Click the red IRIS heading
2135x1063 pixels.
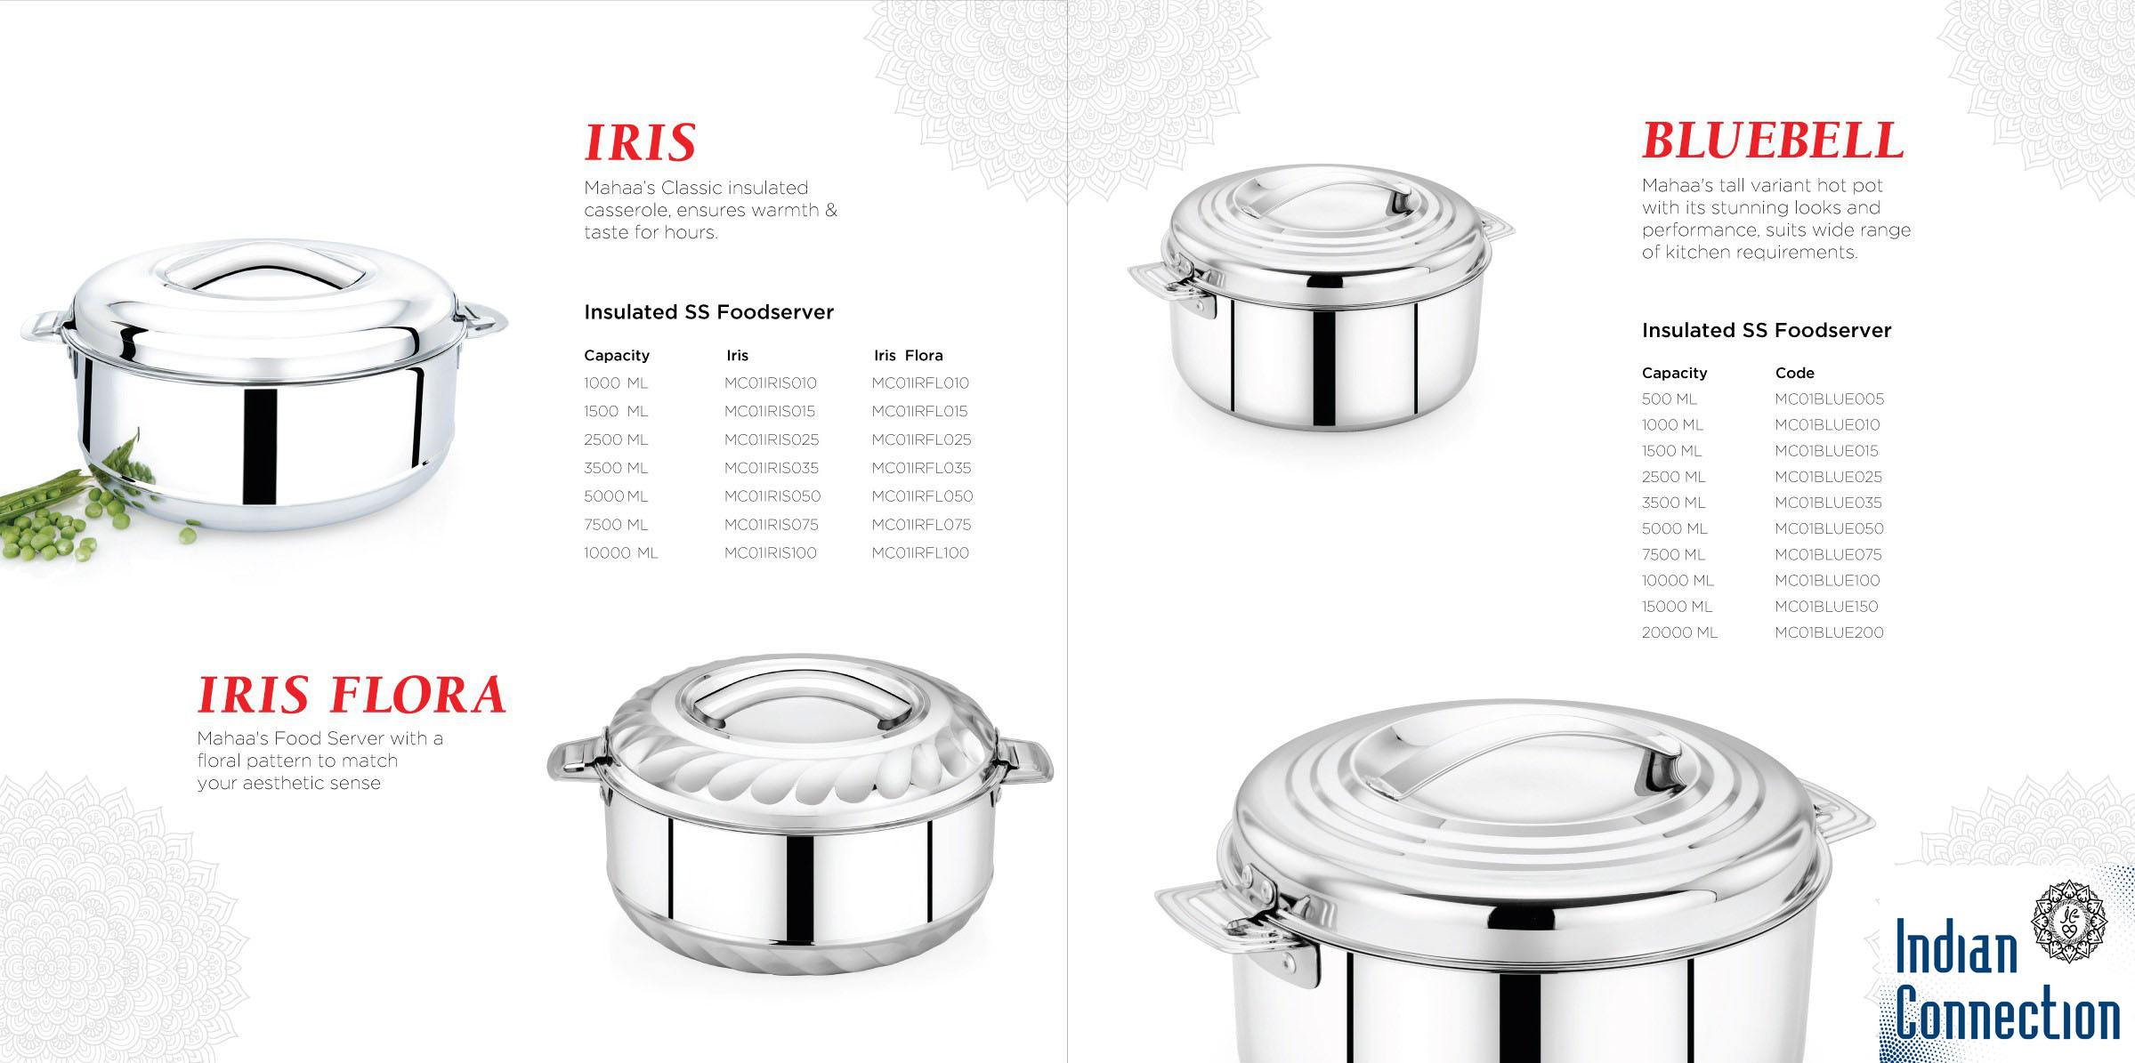pos(640,142)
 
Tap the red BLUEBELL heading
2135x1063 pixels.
pos(1773,141)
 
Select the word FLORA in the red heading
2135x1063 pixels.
pos(417,695)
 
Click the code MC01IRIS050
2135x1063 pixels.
pos(772,496)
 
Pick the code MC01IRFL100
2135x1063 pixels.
pos(920,553)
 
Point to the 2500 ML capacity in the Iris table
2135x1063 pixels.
pos(616,439)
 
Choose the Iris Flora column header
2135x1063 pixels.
pos(908,355)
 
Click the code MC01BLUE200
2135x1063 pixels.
pos(1829,632)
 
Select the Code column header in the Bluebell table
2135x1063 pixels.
pos(1794,373)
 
